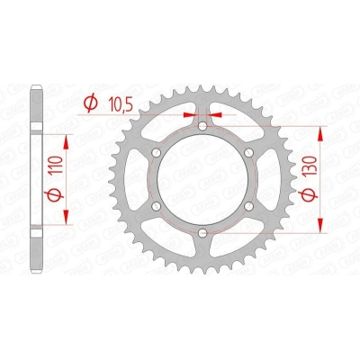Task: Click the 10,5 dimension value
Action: click(120, 104)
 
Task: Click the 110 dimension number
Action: click(57, 166)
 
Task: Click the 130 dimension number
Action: click(311, 166)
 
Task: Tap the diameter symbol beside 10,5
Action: click(91, 103)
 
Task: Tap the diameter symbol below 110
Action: click(57, 194)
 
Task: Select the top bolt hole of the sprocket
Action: click(202, 126)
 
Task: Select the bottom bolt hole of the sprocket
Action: click(202, 232)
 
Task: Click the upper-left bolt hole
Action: click(157, 153)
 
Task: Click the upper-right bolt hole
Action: click(249, 153)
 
